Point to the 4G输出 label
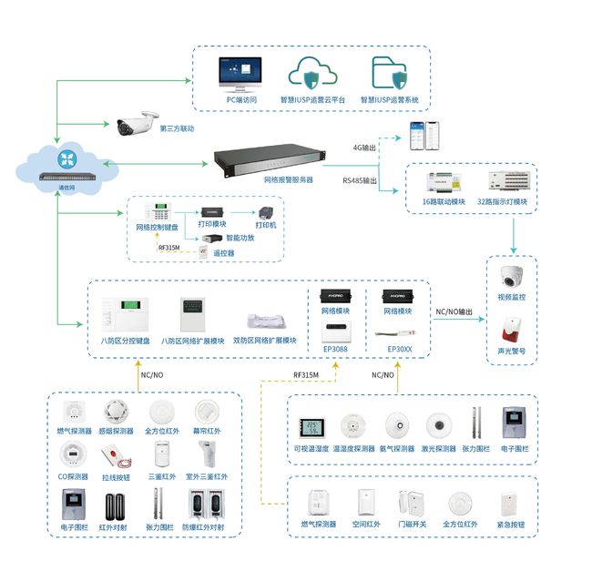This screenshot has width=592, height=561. pyautogui.click(x=363, y=147)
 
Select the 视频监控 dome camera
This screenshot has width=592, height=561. pyautogui.click(x=510, y=276)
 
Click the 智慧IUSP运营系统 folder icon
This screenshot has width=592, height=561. pyautogui.click(x=390, y=72)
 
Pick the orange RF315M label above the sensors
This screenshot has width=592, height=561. pyautogui.click(x=305, y=373)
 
